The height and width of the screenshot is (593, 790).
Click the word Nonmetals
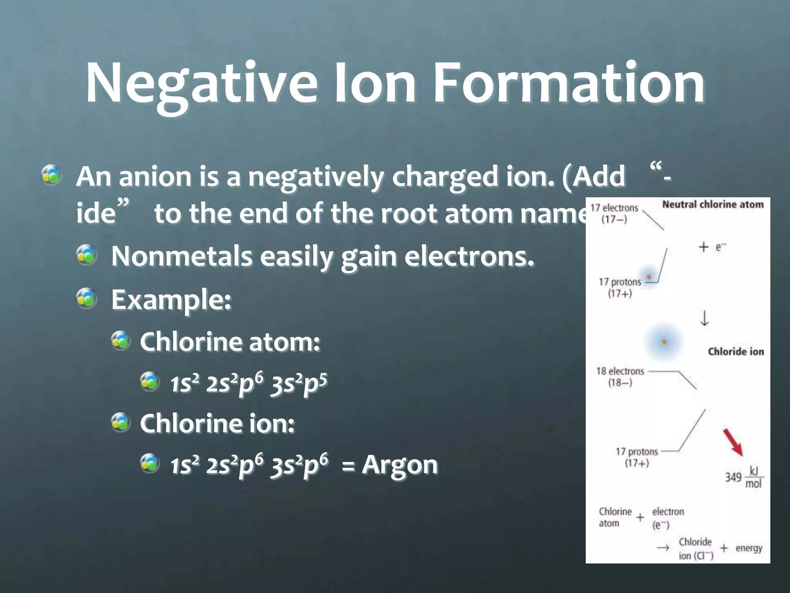pyautogui.click(x=181, y=256)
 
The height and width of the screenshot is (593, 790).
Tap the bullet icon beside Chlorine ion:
pyautogui.click(x=121, y=422)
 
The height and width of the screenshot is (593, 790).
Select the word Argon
pyautogui.click(x=400, y=464)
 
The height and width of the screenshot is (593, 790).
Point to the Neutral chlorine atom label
pyautogui.click(x=713, y=205)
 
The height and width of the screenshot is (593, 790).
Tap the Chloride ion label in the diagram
pyautogui.click(x=736, y=351)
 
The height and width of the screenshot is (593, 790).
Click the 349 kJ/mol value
pyautogui.click(x=744, y=477)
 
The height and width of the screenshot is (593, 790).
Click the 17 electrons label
pyautogui.click(x=614, y=208)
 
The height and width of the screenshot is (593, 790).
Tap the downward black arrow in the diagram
pyautogui.click(x=704, y=319)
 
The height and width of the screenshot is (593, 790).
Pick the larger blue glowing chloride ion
pyautogui.click(x=664, y=342)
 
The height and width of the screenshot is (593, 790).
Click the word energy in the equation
pyautogui.click(x=748, y=548)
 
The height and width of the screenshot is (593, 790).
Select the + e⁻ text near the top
pyautogui.click(x=712, y=247)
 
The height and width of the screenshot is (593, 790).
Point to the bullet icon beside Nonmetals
pyautogui.click(x=86, y=256)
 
